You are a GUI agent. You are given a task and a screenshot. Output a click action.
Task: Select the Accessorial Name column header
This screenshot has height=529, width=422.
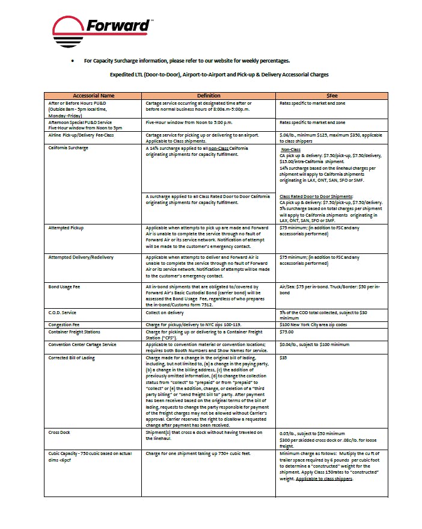[93, 96]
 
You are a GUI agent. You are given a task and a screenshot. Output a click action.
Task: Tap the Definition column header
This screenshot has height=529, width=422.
[209, 96]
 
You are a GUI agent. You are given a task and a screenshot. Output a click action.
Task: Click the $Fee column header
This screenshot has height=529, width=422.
[332, 96]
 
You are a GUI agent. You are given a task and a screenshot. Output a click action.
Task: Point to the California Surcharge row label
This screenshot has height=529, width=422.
[69, 147]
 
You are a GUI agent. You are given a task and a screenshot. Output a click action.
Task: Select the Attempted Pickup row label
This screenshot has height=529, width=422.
[66, 228]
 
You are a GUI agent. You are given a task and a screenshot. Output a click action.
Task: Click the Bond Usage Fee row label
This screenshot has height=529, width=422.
[64, 287]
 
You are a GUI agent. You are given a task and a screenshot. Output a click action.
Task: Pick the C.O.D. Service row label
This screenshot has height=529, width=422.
[63, 313]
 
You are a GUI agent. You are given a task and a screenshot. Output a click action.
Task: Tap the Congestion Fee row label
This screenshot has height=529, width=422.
[64, 324]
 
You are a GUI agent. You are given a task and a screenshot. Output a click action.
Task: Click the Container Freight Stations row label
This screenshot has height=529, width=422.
[75, 332]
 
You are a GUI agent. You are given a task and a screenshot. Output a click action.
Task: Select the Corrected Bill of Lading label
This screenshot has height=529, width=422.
[72, 357]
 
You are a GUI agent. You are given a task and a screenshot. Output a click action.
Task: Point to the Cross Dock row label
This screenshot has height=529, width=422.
[59, 432]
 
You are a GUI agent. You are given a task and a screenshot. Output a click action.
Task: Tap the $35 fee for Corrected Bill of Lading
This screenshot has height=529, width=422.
[284, 357]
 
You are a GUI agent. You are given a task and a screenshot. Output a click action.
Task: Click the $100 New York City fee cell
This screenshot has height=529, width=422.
[313, 324]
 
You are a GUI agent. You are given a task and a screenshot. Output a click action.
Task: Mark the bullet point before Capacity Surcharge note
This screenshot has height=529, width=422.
[73, 61]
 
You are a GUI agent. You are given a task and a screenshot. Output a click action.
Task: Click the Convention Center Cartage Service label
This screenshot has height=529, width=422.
[82, 344]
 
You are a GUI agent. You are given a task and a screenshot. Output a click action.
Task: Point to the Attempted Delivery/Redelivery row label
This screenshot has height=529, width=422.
[81, 257]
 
